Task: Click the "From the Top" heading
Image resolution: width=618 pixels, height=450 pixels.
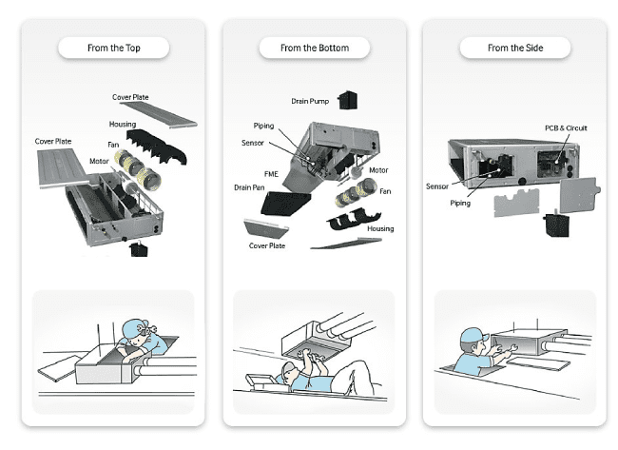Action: [x=113, y=48]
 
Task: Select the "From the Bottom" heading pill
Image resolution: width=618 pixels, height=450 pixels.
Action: [x=314, y=48]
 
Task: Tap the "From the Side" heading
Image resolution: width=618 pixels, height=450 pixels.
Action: [x=514, y=48]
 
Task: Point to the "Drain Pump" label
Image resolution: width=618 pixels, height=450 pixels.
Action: [x=312, y=100]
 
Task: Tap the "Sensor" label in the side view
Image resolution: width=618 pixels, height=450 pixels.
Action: [x=437, y=187]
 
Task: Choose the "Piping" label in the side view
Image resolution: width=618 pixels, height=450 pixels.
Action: [x=461, y=202]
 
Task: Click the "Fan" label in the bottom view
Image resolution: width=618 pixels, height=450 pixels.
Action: [x=386, y=191]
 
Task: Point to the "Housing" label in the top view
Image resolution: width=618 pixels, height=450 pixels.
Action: [x=123, y=125]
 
